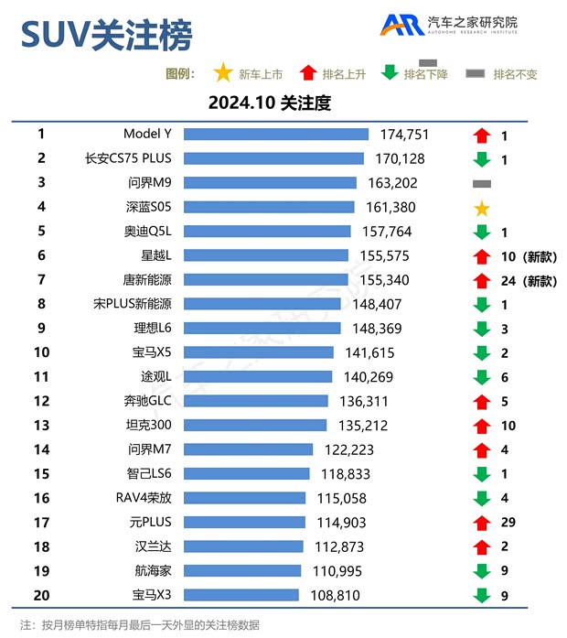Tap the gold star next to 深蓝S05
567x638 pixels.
tap(482, 208)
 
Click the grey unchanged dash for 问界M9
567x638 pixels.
tap(482, 183)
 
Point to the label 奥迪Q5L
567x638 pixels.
tap(147, 232)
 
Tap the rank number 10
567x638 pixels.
tap(41, 352)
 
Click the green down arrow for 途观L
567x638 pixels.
tap(482, 377)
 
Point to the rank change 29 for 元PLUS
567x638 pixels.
tap(509, 522)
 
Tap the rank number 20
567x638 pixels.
tap(41, 595)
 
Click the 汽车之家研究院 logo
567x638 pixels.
tap(449, 25)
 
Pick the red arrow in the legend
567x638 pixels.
tap(308, 73)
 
